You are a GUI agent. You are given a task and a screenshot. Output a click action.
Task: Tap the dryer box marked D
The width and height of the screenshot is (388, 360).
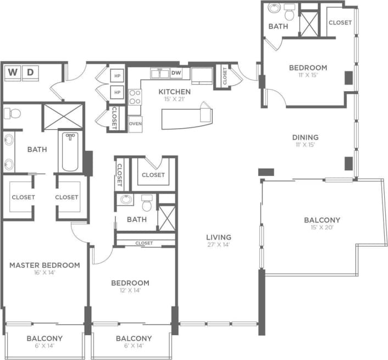[x=30, y=72]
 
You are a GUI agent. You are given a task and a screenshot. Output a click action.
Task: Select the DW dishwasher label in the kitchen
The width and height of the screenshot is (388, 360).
[x=176, y=73]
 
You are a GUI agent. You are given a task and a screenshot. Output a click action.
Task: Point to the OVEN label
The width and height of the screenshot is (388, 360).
[x=135, y=124]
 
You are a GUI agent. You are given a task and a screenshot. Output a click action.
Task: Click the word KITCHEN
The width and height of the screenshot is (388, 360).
[x=174, y=92]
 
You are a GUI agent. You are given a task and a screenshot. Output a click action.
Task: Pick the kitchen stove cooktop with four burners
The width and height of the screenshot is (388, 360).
[x=135, y=97]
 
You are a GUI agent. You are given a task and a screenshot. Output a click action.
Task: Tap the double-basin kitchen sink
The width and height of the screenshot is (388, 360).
[x=160, y=73]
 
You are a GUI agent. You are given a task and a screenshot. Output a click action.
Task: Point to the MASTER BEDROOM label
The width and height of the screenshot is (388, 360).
[x=45, y=265]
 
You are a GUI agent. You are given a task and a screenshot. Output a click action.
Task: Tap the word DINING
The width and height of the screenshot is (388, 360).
[x=305, y=137]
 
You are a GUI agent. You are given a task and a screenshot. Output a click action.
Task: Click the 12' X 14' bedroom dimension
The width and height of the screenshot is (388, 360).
[x=130, y=291]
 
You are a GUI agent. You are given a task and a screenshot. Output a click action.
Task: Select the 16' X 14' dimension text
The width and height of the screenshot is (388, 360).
[x=45, y=273]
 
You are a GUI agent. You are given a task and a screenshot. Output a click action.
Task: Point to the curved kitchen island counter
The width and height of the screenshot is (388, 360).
[x=184, y=117]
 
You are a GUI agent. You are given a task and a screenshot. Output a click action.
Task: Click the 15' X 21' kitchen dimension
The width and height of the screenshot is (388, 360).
[x=174, y=99]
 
